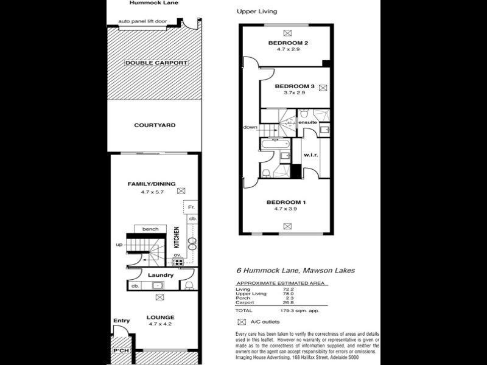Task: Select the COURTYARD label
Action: coord(155,125)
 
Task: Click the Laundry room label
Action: coord(161,275)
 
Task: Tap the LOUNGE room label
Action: coord(160,317)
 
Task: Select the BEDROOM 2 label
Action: coord(289,43)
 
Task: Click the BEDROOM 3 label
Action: coord(294,86)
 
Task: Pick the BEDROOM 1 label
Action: coord(286,202)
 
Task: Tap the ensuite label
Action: coord(307,122)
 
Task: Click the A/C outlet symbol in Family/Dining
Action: coord(180,190)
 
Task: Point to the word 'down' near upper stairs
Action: coord(250,127)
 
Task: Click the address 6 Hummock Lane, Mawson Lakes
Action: coord(295,271)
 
